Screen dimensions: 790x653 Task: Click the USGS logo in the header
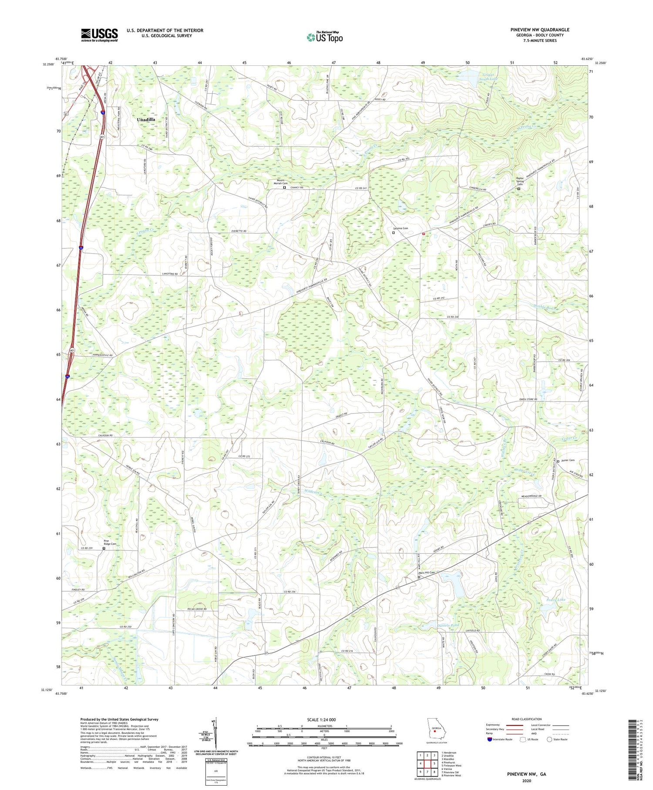point(99,35)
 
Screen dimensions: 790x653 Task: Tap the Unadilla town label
point(146,119)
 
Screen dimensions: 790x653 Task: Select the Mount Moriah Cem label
point(280,183)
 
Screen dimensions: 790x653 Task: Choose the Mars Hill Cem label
point(427,573)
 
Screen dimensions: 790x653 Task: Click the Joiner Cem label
point(568,461)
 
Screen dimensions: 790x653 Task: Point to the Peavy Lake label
point(555,600)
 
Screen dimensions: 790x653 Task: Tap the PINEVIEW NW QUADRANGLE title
point(540,30)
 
